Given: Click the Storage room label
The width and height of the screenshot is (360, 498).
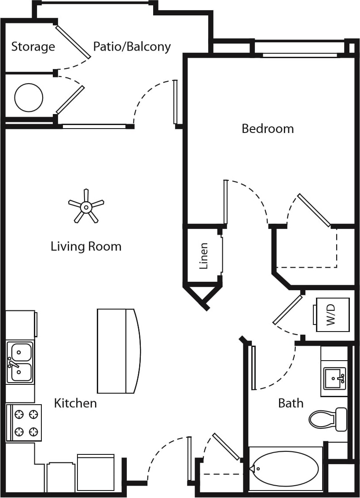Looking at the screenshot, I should (33, 47).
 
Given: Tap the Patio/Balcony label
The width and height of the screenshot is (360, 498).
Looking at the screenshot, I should (132, 47).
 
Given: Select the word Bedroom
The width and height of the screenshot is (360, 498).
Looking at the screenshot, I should (268, 129).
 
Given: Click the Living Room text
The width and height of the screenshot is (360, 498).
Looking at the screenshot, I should (86, 246).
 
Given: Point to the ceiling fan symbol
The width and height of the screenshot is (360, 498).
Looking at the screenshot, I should (86, 206).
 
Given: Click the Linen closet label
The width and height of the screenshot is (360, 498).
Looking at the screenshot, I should (203, 256).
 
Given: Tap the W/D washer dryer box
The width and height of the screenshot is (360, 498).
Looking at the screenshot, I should (332, 314).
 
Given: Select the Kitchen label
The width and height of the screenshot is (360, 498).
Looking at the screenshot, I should (75, 403).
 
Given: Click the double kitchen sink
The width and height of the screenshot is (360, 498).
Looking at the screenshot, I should (20, 362).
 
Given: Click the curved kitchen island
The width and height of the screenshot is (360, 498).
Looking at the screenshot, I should (118, 351).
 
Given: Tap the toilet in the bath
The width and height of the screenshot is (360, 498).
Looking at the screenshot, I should (327, 419).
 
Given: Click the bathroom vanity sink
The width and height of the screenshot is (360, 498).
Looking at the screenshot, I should (335, 378).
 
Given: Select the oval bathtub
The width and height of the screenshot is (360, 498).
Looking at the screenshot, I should (286, 468).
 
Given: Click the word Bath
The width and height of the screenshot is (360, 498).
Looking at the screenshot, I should (291, 403).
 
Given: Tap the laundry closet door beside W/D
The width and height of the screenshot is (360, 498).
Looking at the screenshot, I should (288, 310).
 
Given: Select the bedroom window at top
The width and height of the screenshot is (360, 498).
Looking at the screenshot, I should (301, 55).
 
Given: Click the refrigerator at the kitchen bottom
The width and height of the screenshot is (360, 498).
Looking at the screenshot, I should (96, 473).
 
